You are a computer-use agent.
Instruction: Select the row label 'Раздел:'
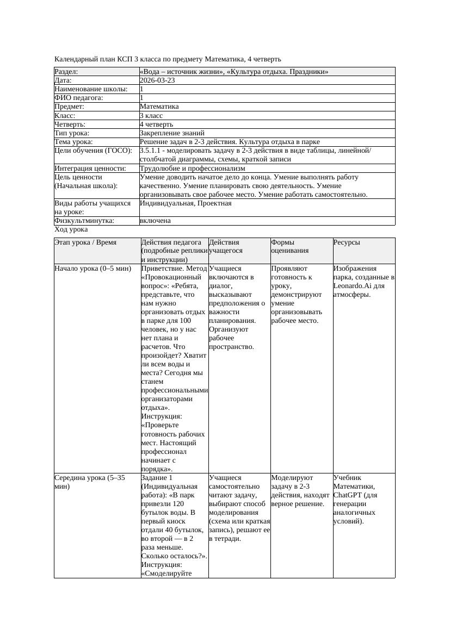(66, 72)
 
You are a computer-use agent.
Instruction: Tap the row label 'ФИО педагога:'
(79, 98)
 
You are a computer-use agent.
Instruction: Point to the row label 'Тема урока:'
(73, 142)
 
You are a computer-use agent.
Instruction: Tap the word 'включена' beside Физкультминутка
(155, 221)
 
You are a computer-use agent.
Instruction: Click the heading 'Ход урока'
(71, 229)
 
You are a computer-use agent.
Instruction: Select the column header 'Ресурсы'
(347, 242)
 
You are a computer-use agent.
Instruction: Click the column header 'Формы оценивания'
(290, 246)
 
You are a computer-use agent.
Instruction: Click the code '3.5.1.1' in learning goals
(150, 151)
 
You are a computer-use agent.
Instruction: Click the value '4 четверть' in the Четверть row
(156, 124)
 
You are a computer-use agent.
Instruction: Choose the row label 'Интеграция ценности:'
(90, 169)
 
